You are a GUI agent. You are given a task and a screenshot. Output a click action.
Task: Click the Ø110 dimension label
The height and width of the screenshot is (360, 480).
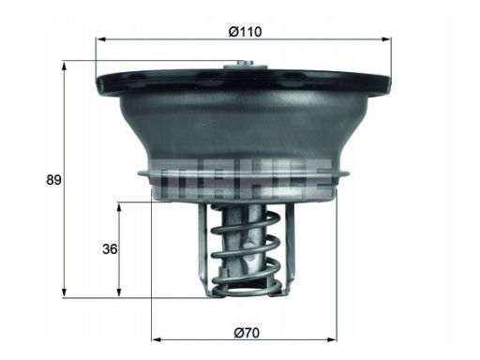(245, 32)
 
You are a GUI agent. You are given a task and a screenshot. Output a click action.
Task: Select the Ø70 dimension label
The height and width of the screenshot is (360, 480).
(247, 333)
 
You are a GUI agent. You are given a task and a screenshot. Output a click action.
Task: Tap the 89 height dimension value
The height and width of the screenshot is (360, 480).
(53, 180)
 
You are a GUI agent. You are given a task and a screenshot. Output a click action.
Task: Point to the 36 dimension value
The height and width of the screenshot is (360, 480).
(110, 249)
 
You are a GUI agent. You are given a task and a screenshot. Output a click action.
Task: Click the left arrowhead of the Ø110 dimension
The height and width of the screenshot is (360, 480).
(100, 39)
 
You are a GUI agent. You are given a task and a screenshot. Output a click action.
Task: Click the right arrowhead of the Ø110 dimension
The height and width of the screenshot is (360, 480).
(386, 39)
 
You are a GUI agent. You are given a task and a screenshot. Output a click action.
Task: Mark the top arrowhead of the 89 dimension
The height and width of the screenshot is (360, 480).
(65, 67)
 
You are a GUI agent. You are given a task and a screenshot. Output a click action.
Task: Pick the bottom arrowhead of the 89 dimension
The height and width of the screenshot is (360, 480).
(65, 292)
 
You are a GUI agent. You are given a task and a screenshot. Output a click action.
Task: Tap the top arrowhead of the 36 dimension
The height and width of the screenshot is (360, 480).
(119, 207)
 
